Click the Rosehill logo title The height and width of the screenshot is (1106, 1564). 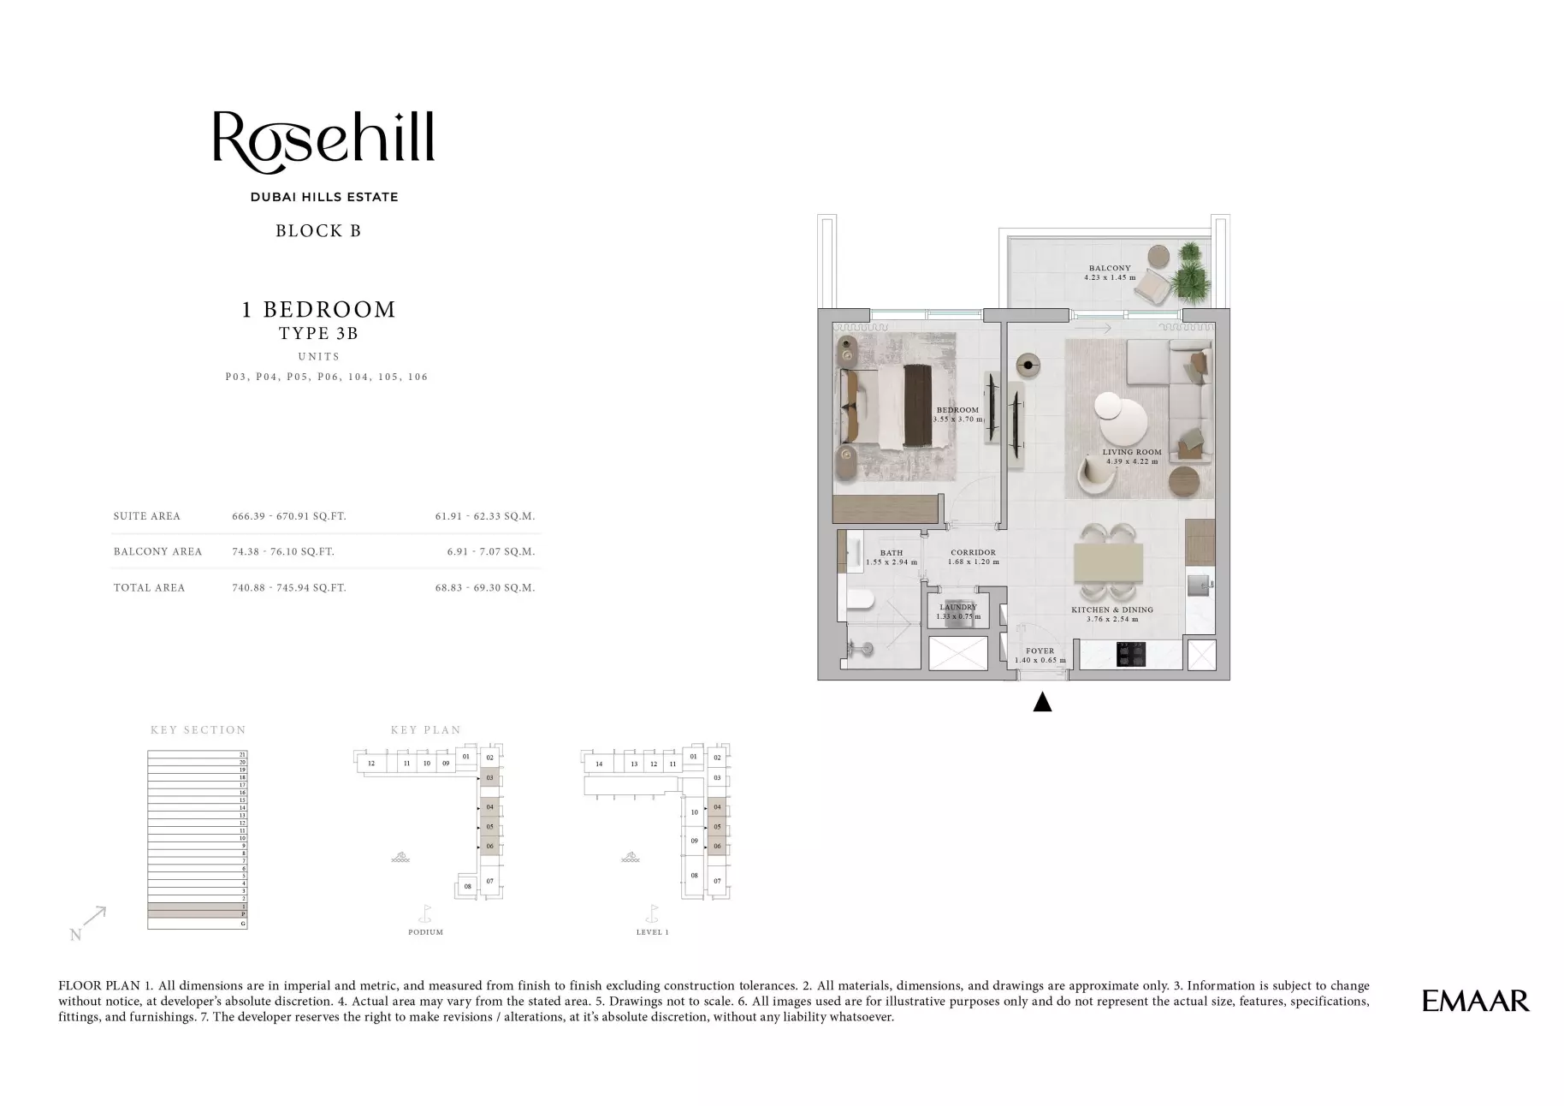click(x=323, y=139)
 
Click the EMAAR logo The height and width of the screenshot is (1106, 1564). click(x=1475, y=1001)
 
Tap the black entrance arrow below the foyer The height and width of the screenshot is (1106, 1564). click(x=1041, y=703)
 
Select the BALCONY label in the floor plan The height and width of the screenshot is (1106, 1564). click(x=1110, y=269)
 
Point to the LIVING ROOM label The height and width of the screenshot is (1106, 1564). click(x=1131, y=452)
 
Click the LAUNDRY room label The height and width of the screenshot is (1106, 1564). click(x=957, y=607)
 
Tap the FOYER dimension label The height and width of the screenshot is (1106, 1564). click(x=1040, y=656)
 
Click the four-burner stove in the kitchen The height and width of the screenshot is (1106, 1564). click(x=1131, y=655)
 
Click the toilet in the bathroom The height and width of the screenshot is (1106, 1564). click(x=858, y=600)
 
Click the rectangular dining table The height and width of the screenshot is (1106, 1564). click(x=1109, y=562)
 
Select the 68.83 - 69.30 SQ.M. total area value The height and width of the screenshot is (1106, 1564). click(x=484, y=588)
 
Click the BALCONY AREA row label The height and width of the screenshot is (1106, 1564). click(x=157, y=552)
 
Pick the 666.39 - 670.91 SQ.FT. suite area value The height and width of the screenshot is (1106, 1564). click(x=289, y=516)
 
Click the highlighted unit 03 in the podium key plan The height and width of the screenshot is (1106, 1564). click(x=490, y=778)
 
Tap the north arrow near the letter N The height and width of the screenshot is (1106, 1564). click(x=95, y=917)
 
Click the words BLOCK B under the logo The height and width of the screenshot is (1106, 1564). click(x=318, y=231)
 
